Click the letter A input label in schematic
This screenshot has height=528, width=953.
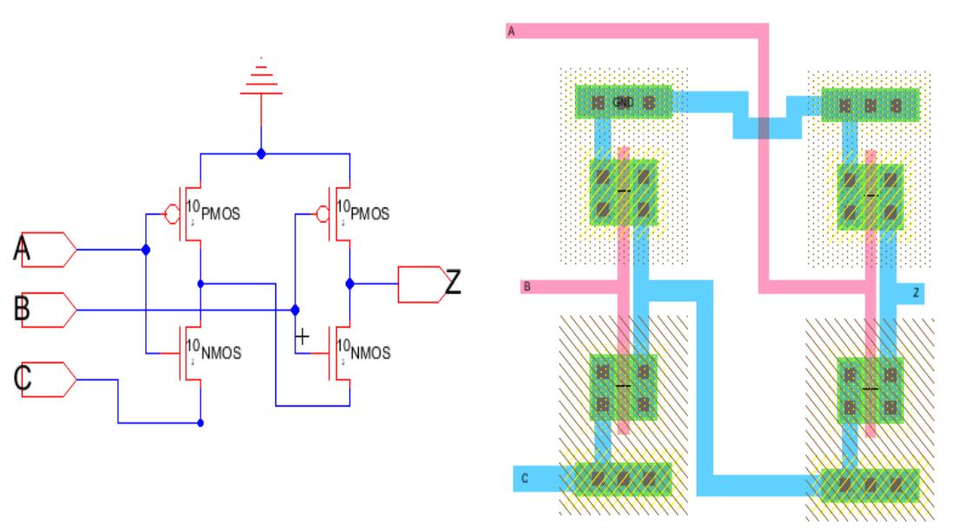click(x=23, y=250)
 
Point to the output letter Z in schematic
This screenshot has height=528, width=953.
click(x=453, y=281)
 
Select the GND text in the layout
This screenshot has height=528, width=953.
click(x=621, y=102)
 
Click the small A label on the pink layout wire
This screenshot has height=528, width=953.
click(x=511, y=32)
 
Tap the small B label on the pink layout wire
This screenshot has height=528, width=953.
click(x=526, y=286)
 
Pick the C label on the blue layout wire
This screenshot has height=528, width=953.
click(x=525, y=477)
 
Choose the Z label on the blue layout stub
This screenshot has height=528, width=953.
click(x=916, y=294)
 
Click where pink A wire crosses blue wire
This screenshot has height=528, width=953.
click(x=763, y=127)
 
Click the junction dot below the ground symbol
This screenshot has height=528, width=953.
click(x=261, y=154)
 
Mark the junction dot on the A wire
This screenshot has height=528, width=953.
click(x=145, y=250)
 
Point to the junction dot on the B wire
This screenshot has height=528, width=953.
click(x=295, y=309)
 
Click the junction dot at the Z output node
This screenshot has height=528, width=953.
click(x=349, y=283)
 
